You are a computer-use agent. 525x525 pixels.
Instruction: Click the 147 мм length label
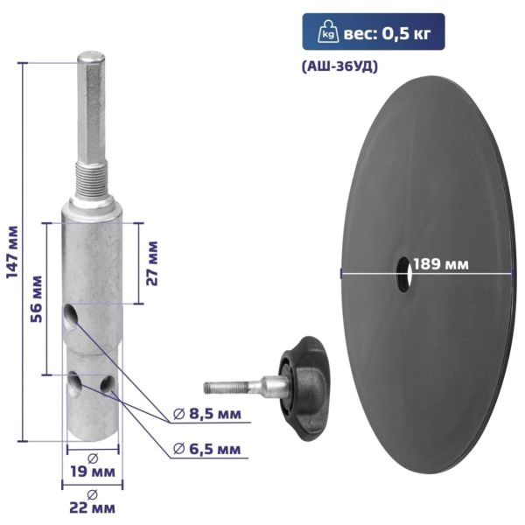pos(13,252)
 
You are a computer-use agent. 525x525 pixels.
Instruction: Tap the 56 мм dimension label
pos(37,298)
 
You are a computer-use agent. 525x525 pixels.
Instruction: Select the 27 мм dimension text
pos(152,262)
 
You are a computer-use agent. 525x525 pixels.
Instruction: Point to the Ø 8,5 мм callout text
pos(207,414)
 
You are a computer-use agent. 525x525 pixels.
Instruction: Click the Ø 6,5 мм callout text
pos(207,449)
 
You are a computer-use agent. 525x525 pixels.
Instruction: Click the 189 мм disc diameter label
pos(441,264)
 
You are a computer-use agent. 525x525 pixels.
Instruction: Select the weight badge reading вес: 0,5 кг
pos(374,31)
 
